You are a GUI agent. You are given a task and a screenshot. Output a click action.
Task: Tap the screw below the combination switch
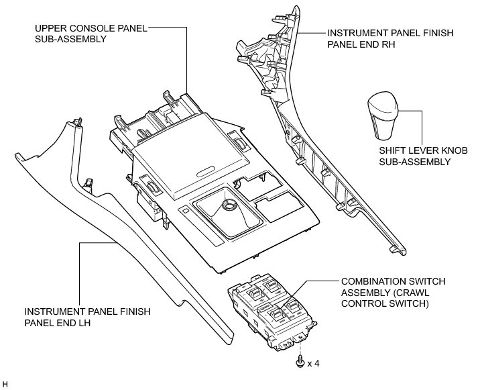point(298,362)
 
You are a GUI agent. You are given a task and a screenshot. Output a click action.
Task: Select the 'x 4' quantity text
point(313,363)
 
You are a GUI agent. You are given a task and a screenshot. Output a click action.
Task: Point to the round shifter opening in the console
point(227,206)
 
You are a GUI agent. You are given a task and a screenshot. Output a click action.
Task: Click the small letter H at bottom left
point(5,384)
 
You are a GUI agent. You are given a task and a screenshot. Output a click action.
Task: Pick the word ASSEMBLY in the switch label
point(363,293)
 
